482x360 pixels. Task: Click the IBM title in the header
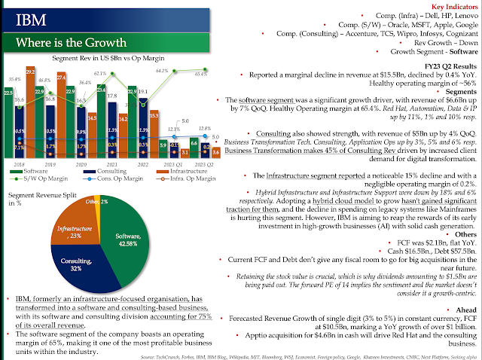click(28, 17)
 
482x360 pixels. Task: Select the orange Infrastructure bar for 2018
click(31, 113)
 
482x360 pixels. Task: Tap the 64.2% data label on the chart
click(162, 71)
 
